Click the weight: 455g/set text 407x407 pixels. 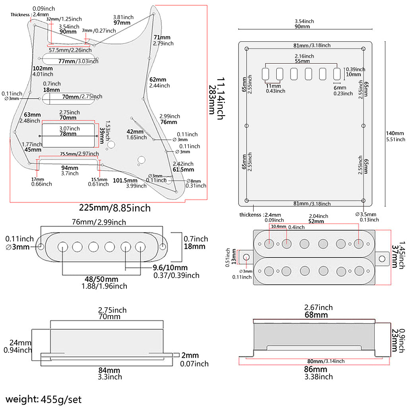coord(44,399)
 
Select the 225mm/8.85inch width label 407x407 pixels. coord(115,207)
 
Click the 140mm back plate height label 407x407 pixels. coord(395,134)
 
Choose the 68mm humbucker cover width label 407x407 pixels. coord(316,315)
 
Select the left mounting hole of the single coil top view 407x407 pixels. coord(41,247)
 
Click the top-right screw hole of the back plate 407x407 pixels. coord(364,49)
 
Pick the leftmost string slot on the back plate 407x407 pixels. coord(265,74)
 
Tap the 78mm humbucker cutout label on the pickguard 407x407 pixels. coord(68,134)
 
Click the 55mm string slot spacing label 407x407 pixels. coord(302,62)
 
